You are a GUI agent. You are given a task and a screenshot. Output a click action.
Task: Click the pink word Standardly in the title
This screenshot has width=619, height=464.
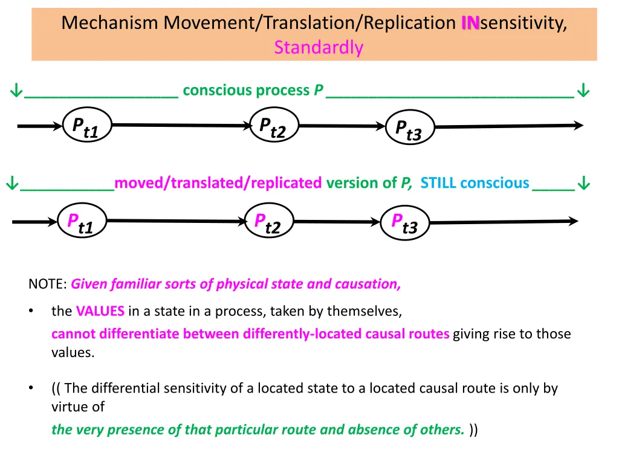point(319,47)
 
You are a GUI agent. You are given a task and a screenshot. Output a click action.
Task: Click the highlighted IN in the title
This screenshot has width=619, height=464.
point(470,23)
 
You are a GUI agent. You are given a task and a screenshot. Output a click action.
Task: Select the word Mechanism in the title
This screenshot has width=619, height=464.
point(111,23)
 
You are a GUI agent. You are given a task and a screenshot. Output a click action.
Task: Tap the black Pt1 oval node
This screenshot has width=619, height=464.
point(86,126)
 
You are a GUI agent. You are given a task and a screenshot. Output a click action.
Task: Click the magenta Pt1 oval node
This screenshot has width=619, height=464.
point(82,222)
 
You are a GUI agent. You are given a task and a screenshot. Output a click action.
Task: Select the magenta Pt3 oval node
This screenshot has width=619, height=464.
point(406,223)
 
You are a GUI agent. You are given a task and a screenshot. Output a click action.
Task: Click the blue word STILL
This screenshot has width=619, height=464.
point(438,182)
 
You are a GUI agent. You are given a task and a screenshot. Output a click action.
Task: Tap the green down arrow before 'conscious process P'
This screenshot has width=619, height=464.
point(16,91)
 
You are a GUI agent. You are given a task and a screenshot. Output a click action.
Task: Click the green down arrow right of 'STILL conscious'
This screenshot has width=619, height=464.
point(583,182)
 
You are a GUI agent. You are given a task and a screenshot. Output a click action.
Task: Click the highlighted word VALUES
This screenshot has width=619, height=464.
point(100,312)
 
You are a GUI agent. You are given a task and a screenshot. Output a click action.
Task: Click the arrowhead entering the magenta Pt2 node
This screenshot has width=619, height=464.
point(242,222)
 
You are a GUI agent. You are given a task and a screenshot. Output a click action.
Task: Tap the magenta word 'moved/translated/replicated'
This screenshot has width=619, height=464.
point(218,182)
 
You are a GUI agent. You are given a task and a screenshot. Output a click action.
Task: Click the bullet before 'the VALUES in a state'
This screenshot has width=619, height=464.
point(31,312)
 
